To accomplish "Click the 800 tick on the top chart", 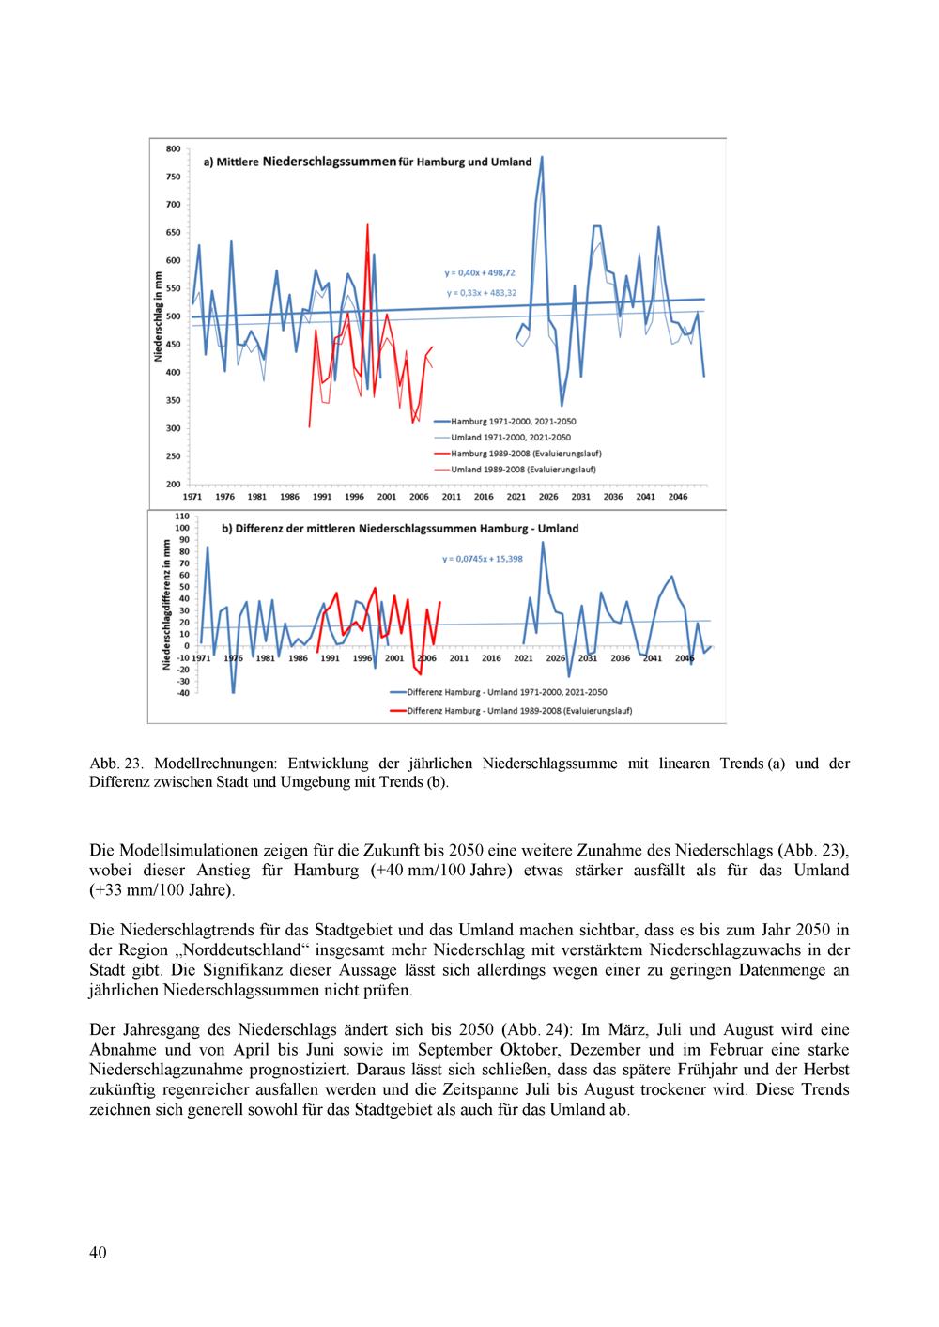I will (x=174, y=148).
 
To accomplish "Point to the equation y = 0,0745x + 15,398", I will (x=483, y=559).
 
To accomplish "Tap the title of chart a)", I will (x=368, y=162).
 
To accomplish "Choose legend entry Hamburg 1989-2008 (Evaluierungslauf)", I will (x=516, y=454).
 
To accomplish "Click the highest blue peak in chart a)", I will (x=542, y=158).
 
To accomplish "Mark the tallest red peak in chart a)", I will (x=367, y=224).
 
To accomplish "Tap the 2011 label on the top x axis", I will (x=452, y=497).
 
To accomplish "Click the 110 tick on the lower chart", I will (x=182, y=517).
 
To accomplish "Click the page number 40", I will (x=98, y=1253).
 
